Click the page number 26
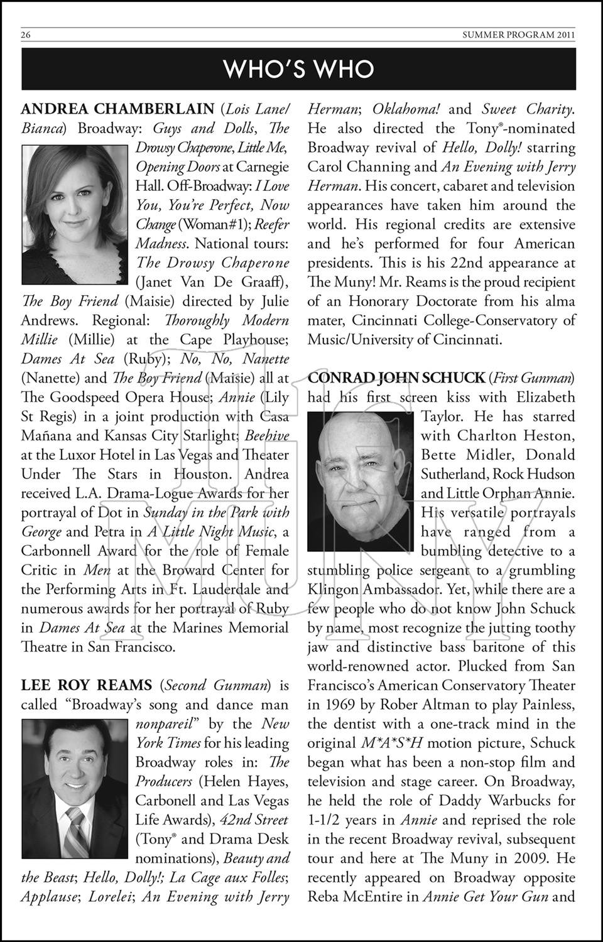point(26,35)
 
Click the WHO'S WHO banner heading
point(299,68)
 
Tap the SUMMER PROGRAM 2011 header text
point(518,35)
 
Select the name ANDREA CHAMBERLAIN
point(117,109)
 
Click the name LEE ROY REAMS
point(87,685)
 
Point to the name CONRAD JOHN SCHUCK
point(396,378)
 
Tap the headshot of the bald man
point(361,482)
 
